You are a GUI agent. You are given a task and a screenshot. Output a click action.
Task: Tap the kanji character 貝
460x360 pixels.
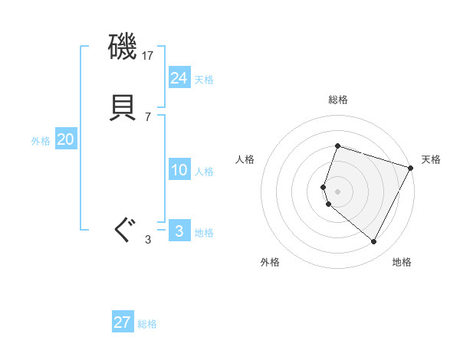[123, 106]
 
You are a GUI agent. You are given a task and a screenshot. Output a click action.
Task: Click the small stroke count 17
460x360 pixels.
[149, 56]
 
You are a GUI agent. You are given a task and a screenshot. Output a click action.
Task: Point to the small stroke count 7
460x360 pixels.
[148, 116]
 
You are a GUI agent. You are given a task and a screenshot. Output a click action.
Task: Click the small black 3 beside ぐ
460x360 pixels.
[148, 240]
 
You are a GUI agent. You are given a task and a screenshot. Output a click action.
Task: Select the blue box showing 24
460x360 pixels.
[179, 78]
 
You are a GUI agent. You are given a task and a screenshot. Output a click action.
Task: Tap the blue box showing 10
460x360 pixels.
[179, 170]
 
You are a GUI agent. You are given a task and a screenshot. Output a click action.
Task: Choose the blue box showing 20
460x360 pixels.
[66, 139]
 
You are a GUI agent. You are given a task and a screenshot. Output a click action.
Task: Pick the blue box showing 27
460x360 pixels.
[123, 322]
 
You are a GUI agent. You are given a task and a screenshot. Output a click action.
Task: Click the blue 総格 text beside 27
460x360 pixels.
[147, 324]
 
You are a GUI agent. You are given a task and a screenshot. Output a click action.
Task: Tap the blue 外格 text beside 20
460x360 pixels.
[41, 141]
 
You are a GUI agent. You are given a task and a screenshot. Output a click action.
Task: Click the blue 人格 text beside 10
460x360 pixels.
[204, 172]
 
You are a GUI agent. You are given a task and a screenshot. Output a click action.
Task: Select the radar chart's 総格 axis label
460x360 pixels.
[338, 100]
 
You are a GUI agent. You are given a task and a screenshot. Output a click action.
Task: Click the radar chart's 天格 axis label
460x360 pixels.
[431, 159]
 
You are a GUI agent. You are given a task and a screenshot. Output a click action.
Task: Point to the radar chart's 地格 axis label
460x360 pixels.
[402, 262]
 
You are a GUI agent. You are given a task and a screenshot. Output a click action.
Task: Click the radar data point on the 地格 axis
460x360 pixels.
[374, 242]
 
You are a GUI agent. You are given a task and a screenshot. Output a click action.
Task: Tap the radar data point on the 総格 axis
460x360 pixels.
[337, 146]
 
